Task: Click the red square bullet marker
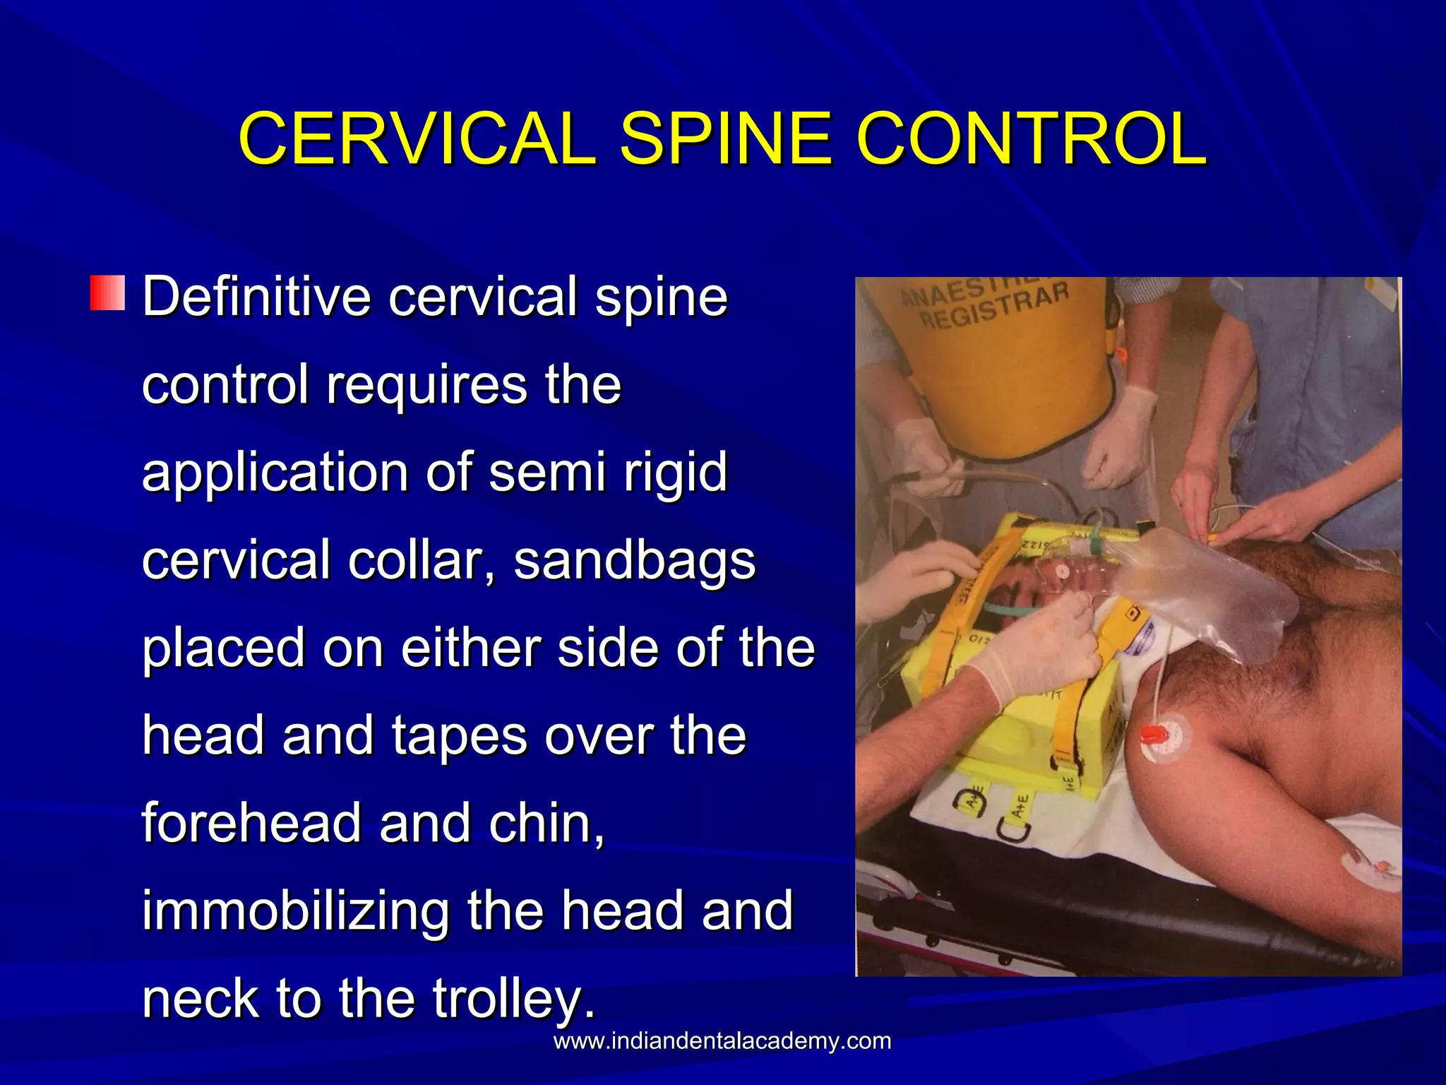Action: (107, 294)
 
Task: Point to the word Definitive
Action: (257, 297)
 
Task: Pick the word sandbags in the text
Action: (634, 560)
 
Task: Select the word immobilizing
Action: (295, 911)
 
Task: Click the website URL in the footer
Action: (722, 1041)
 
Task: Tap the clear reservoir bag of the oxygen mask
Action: (1214, 593)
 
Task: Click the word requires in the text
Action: (426, 385)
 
